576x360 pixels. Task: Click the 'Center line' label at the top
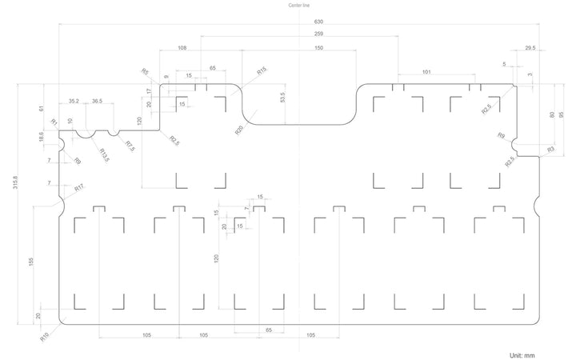click(x=298, y=5)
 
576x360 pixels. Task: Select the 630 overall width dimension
click(x=318, y=22)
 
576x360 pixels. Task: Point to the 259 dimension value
click(x=318, y=34)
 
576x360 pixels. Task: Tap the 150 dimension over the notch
click(x=319, y=48)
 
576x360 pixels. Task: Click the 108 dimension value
click(x=182, y=48)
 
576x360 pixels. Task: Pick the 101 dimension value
click(x=426, y=72)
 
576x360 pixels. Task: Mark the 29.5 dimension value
click(x=530, y=48)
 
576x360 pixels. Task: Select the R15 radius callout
click(x=262, y=70)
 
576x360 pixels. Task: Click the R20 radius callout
click(x=239, y=130)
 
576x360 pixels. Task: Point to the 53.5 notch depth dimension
click(x=282, y=98)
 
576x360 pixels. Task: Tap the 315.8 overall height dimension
click(x=15, y=182)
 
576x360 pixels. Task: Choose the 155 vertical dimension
click(x=31, y=262)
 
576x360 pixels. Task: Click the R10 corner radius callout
click(x=45, y=338)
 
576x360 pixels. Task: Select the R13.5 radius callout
click(x=104, y=155)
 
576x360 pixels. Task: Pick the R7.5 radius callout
click(x=130, y=146)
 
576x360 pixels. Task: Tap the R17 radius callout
click(x=79, y=188)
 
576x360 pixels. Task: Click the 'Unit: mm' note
click(x=522, y=355)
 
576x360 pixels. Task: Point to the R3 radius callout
click(x=550, y=150)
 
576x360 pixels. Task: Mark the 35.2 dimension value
click(x=74, y=101)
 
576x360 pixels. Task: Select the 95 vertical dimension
click(x=561, y=114)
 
